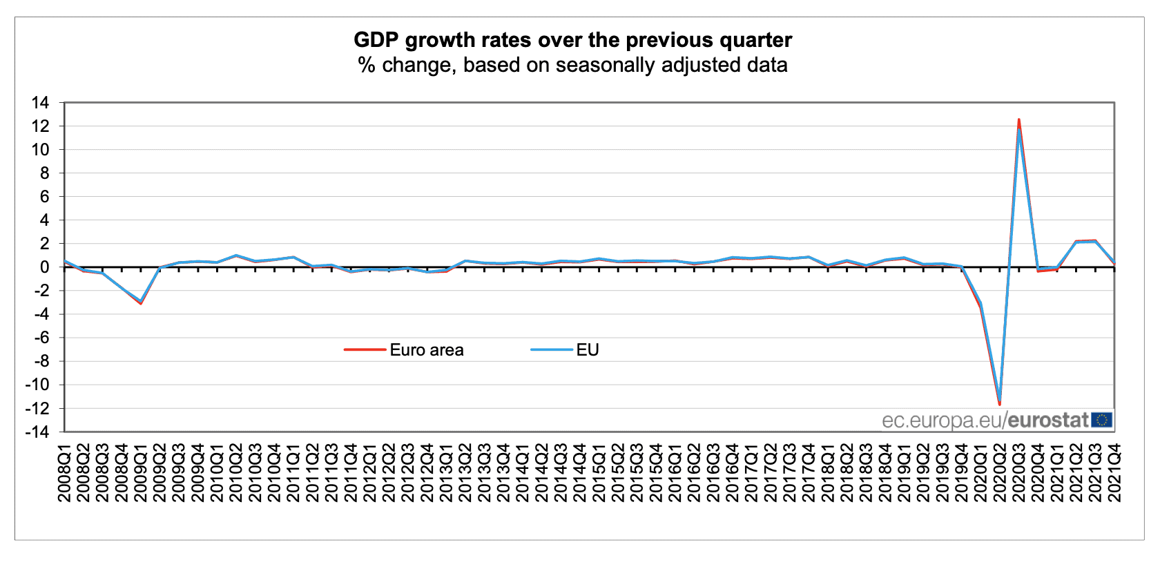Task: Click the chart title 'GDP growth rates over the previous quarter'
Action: pyautogui.click(x=572, y=40)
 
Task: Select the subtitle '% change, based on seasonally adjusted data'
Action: pyautogui.click(x=572, y=65)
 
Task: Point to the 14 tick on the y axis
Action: pyautogui.click(x=40, y=103)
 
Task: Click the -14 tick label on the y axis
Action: pyautogui.click(x=37, y=432)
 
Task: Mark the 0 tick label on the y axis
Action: pyautogui.click(x=44, y=267)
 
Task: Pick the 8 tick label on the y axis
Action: pyautogui.click(x=44, y=173)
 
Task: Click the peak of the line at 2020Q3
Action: pyautogui.click(x=1019, y=121)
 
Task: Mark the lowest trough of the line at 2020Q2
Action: pyautogui.click(x=1000, y=403)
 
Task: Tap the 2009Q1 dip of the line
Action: pyautogui.click(x=141, y=302)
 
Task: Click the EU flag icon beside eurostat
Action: pyautogui.click(x=1102, y=420)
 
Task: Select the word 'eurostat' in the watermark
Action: pyautogui.click(x=1048, y=420)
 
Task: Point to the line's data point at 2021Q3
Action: pyautogui.click(x=1095, y=241)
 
